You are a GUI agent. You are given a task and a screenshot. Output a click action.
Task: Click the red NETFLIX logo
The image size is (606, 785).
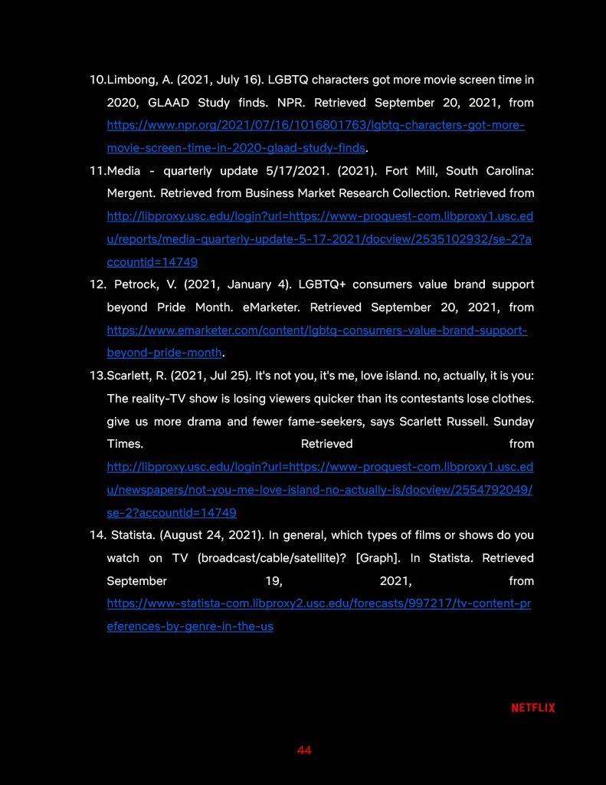tap(533, 708)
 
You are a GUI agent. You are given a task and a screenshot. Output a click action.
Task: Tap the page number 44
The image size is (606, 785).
tap(304, 750)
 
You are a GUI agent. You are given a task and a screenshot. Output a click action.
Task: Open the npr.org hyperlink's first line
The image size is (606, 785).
tap(316, 125)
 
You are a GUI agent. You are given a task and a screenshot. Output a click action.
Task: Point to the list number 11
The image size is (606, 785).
tap(97, 171)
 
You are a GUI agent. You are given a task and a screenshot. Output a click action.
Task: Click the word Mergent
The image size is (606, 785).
tap(129, 193)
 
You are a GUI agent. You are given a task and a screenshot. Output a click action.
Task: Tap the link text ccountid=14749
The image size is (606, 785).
tap(152, 262)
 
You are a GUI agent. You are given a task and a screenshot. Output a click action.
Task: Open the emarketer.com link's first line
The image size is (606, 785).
tap(316, 330)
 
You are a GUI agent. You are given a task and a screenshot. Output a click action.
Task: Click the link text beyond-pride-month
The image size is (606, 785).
tap(164, 353)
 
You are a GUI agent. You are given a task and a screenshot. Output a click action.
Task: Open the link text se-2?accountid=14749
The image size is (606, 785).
tap(172, 513)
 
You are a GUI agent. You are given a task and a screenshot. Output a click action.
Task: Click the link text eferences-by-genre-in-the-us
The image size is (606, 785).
tap(190, 626)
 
